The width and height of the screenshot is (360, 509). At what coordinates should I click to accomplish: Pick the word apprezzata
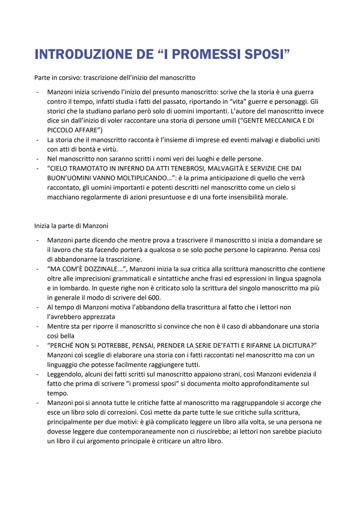(99, 317)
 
